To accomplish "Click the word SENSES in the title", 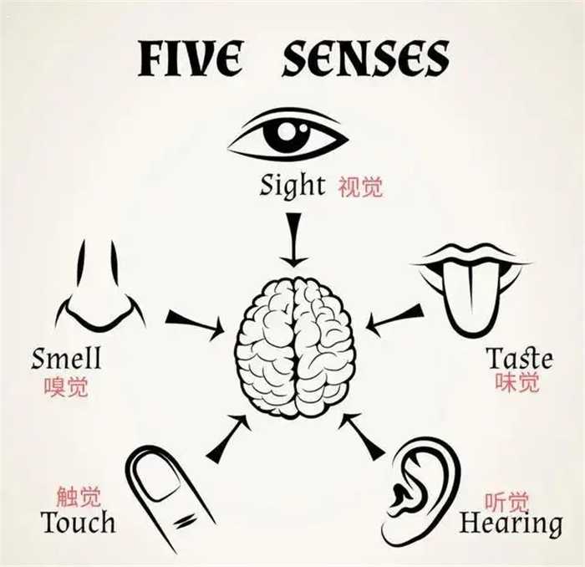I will point(365,58).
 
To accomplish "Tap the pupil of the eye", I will point(287,133).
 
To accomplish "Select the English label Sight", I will point(292,185).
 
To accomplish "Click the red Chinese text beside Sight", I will point(360,186).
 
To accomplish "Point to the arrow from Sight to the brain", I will point(292,238).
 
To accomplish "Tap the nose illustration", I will point(99,289).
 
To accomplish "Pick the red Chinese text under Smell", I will point(66,386).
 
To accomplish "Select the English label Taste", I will point(519,359).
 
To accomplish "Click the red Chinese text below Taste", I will point(518,383).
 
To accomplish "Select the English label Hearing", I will point(511,524).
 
